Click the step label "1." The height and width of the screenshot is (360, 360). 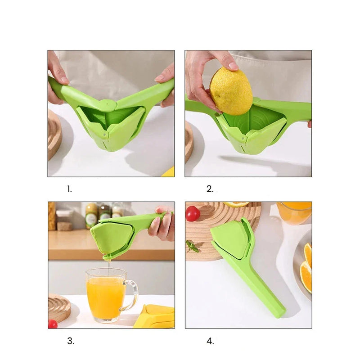[69, 189]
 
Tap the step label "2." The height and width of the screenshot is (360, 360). [210, 189]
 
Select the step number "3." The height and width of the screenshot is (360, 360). [71, 341]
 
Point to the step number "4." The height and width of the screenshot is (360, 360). [210, 341]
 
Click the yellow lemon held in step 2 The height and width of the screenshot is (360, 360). [231, 91]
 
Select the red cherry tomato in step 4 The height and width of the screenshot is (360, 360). [193, 213]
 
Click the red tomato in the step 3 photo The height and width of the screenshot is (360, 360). [53, 324]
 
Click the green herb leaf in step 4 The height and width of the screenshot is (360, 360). [193, 246]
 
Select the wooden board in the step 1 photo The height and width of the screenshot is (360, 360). [54, 135]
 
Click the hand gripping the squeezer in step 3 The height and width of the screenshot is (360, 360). [163, 224]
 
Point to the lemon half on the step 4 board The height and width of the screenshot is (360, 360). [236, 204]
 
